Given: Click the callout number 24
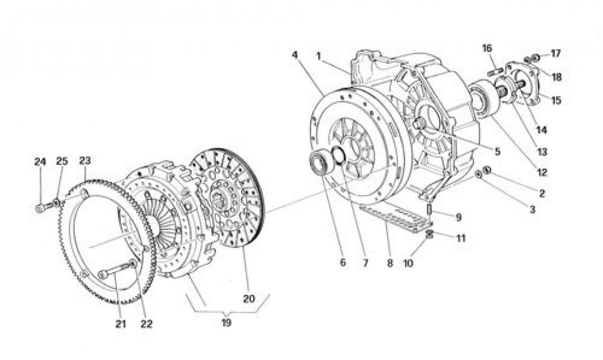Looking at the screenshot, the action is (x=40, y=162).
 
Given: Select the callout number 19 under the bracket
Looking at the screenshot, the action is (x=226, y=323).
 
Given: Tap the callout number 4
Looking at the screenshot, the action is (x=295, y=55).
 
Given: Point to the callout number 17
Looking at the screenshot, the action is (x=555, y=53).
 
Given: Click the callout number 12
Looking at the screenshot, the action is (x=542, y=172).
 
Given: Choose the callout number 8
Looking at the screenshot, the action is (x=390, y=263).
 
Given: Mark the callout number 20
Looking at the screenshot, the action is (x=249, y=299).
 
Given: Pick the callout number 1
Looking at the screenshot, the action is (x=318, y=56).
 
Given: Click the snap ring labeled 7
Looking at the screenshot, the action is (x=339, y=156).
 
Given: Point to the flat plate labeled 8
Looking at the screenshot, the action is (x=396, y=218).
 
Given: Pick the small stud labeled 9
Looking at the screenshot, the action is (x=430, y=210).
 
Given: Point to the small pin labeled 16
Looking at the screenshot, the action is (x=495, y=71).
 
